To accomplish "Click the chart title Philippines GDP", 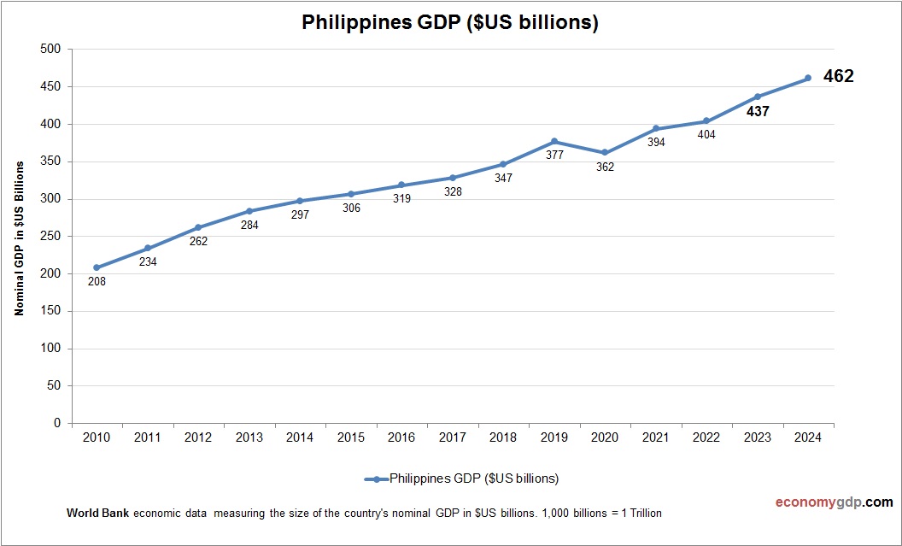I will tap(450, 23).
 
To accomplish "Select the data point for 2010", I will tap(97, 267).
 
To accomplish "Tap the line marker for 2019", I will tap(554, 141).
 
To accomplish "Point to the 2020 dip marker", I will tap(605, 152).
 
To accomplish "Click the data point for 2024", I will tap(808, 78).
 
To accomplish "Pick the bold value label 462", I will tap(839, 77).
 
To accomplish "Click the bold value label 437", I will tap(758, 111).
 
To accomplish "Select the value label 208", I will tap(97, 281).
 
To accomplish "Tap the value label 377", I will tap(554, 156).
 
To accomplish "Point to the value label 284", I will tap(249, 226).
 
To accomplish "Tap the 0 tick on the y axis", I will tap(57, 423).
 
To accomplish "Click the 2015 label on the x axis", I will tap(351, 437).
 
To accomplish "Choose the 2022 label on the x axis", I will tap(706, 437).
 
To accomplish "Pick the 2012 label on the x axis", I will tap(198, 437).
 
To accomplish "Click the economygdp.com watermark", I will tap(822, 502).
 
